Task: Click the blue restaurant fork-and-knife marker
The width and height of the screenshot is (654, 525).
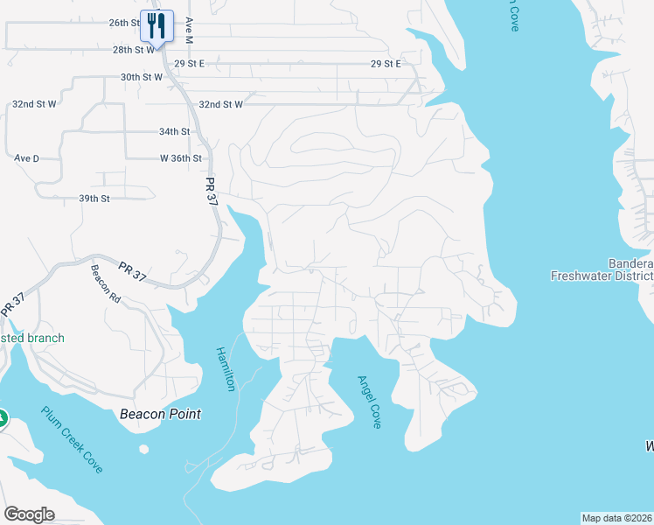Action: click(x=157, y=25)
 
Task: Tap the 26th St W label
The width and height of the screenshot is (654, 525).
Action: click(x=125, y=23)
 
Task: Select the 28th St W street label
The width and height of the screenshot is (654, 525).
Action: click(x=133, y=50)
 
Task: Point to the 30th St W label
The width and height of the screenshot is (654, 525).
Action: click(x=142, y=77)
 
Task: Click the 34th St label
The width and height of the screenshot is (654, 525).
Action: click(x=174, y=131)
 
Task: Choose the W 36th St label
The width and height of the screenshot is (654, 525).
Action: click(x=181, y=158)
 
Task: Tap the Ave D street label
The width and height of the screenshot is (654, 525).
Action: click(x=27, y=158)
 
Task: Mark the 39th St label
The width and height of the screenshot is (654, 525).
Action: click(x=94, y=199)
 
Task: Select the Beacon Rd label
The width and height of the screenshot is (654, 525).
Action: click(x=106, y=284)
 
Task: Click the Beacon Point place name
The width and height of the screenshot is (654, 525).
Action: click(x=160, y=414)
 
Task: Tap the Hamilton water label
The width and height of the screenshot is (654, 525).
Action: click(x=226, y=368)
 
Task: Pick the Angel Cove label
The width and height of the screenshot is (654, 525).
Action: click(x=369, y=402)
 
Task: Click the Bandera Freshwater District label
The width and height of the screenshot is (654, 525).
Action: click(x=602, y=269)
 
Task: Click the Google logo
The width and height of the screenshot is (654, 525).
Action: click(x=29, y=514)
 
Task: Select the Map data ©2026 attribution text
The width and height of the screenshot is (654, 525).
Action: click(x=616, y=518)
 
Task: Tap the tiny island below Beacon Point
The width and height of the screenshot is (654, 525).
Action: click(x=143, y=450)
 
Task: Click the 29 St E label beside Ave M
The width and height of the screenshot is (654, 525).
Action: click(x=189, y=64)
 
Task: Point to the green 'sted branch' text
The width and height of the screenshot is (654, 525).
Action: click(x=32, y=338)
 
